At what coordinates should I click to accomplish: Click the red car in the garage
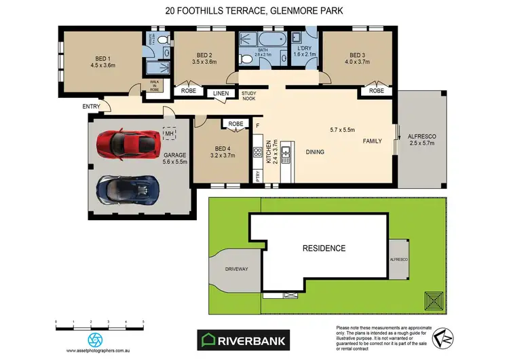(127, 143)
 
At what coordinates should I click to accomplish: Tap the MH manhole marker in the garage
(169, 134)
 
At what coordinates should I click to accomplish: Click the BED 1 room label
(86, 62)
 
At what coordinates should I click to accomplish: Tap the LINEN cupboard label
(221, 94)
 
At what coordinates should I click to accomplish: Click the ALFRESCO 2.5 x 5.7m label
(421, 140)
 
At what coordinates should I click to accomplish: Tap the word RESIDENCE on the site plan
(324, 248)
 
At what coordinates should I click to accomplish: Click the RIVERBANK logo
(242, 338)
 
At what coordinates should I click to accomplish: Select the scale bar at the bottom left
(100, 323)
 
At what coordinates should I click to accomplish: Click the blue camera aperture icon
(94, 340)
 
